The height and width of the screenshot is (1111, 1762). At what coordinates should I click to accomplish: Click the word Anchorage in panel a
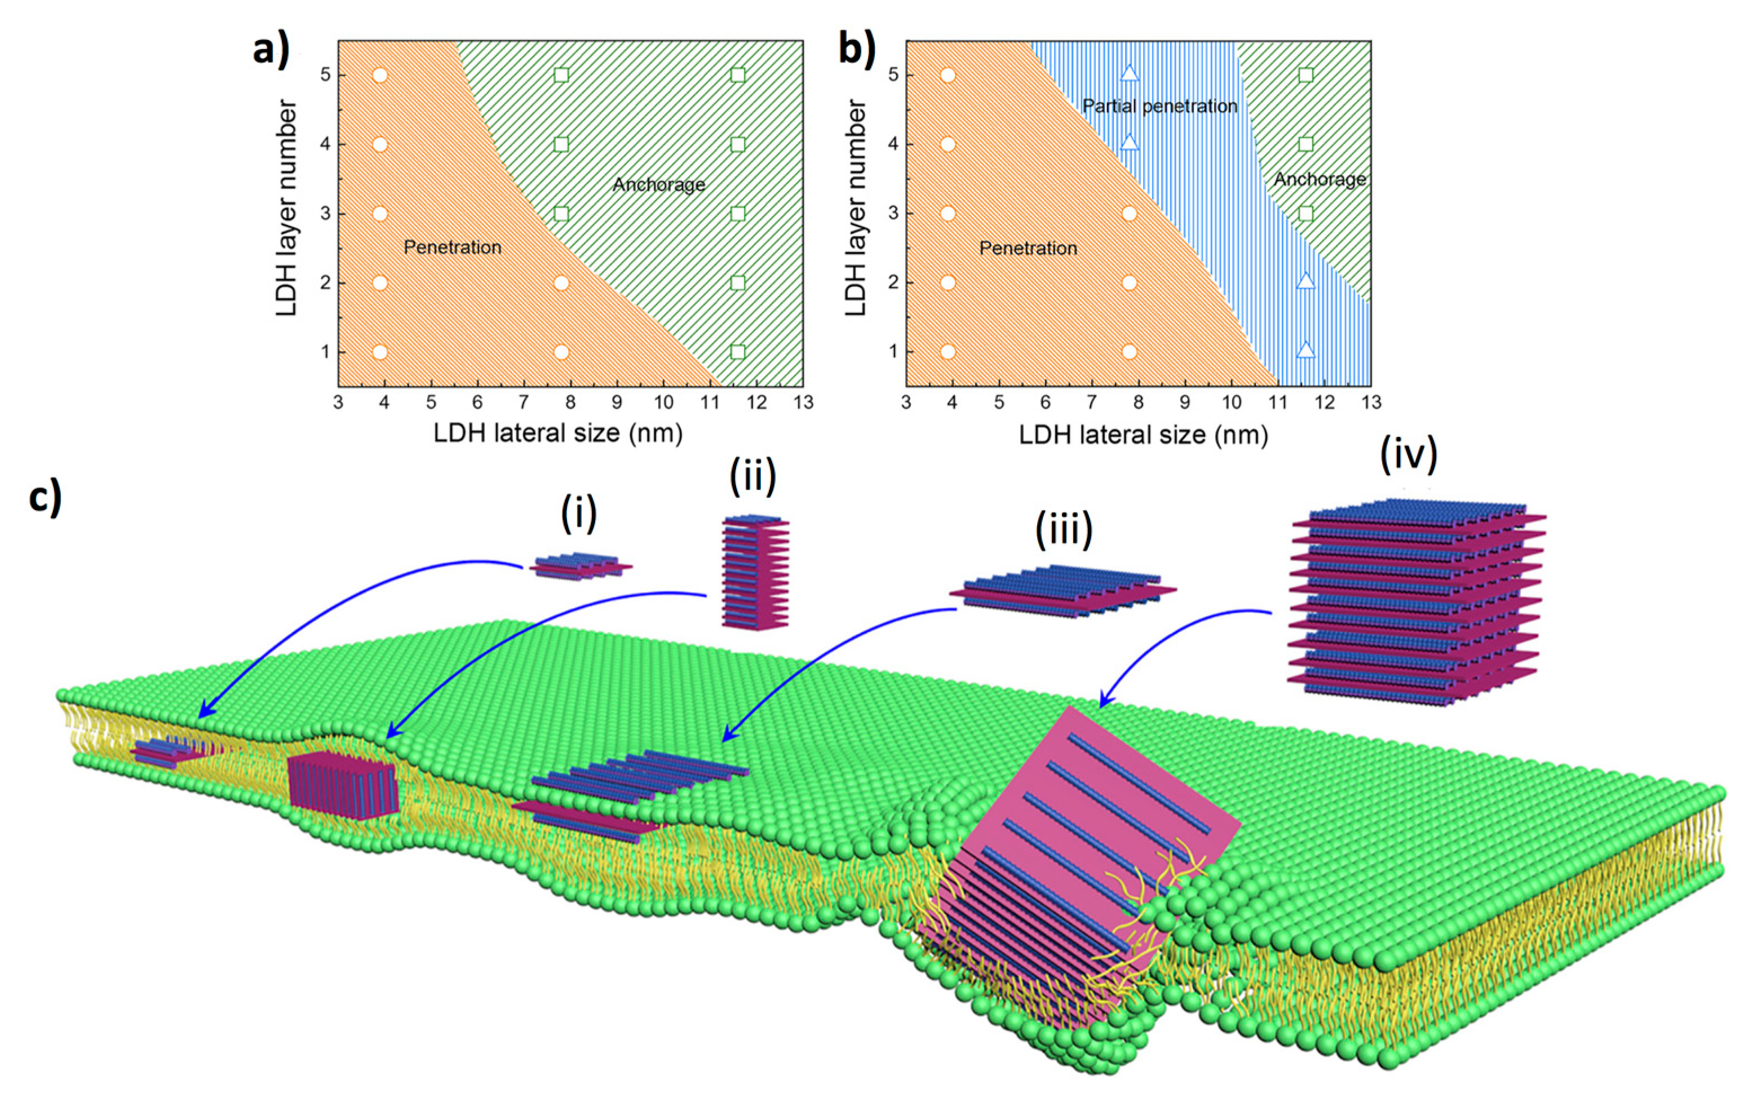point(658,184)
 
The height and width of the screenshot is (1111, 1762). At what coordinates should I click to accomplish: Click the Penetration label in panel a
point(452,247)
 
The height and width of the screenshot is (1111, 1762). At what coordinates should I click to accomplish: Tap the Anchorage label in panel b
point(1320,179)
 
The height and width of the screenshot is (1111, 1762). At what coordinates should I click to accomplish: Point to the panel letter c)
point(45,498)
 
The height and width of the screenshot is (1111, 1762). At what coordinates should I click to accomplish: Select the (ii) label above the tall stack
point(752,476)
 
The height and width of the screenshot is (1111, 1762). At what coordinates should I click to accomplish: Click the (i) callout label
point(579,514)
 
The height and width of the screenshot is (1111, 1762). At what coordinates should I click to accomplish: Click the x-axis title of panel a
point(557,433)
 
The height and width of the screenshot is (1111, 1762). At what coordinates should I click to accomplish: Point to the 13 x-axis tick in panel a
point(803,402)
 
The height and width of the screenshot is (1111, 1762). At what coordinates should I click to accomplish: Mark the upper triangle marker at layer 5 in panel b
point(1130,73)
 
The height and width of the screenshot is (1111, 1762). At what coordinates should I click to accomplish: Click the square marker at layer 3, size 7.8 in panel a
point(561,214)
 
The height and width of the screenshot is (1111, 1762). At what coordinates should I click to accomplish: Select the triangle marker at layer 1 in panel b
point(1305,351)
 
